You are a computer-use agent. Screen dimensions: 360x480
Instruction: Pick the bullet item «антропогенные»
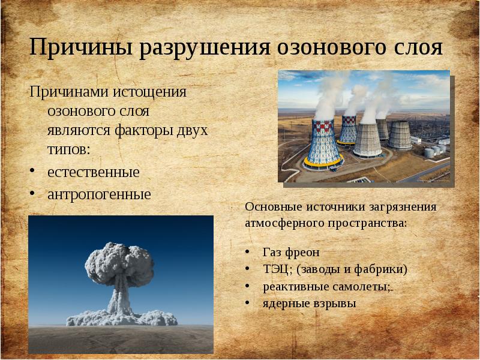click(x=99, y=194)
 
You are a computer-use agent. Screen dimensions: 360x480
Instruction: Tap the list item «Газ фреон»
click(x=291, y=251)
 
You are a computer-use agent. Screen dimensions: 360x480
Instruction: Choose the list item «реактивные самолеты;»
click(x=327, y=286)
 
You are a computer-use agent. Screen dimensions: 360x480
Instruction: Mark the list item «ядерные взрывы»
click(x=309, y=304)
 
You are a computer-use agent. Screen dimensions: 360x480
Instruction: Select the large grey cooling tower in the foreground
click(x=365, y=138)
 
